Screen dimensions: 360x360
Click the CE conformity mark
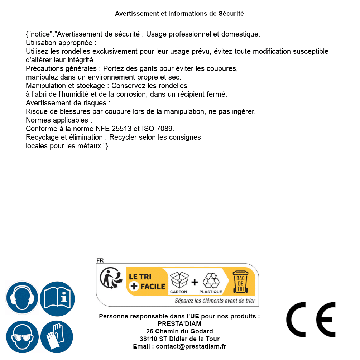click(311, 320)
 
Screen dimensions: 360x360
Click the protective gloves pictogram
click(57, 337)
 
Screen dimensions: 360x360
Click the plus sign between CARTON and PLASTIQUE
click(195, 282)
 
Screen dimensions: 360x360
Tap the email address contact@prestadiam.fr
click(191, 346)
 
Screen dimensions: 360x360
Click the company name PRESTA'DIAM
click(179, 324)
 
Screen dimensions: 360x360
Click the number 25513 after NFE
click(120, 129)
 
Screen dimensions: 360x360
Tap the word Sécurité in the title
click(231, 14)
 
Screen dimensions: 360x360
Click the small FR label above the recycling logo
click(100, 260)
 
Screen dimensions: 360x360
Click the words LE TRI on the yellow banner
click(140, 277)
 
